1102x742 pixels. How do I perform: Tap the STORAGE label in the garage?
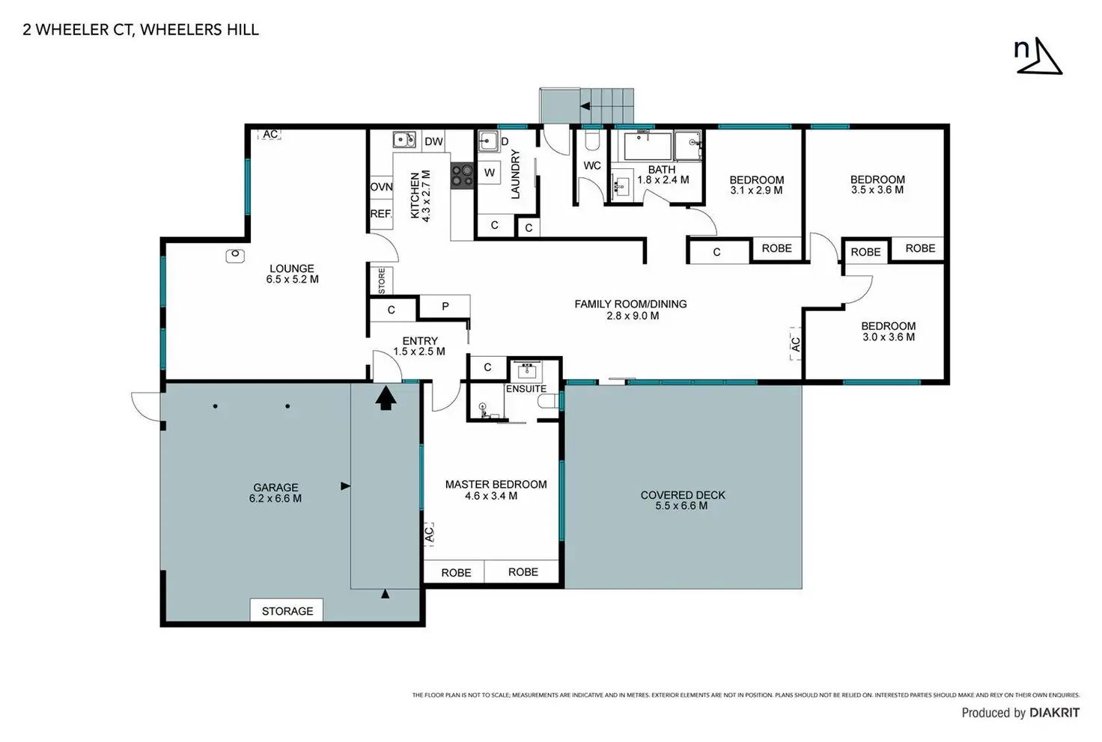[287, 611]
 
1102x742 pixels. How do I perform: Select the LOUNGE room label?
[292, 269]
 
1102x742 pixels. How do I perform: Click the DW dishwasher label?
[433, 141]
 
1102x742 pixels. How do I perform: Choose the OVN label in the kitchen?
[381, 187]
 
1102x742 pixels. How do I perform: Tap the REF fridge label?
[381, 214]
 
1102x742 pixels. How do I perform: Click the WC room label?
[592, 165]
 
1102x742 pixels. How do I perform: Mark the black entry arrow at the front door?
[386, 397]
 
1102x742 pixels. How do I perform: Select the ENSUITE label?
[526, 389]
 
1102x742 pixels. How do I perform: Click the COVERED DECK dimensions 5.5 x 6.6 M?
[681, 506]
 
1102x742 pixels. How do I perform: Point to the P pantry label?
[445, 307]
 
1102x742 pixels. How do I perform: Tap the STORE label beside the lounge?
[382, 280]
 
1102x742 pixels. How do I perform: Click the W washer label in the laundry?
[489, 173]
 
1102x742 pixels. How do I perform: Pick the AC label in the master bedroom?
[429, 533]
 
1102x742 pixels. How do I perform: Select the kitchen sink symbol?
[404, 140]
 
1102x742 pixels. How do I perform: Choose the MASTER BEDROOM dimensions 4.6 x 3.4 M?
[491, 496]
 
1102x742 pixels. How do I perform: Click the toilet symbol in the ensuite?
[547, 402]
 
